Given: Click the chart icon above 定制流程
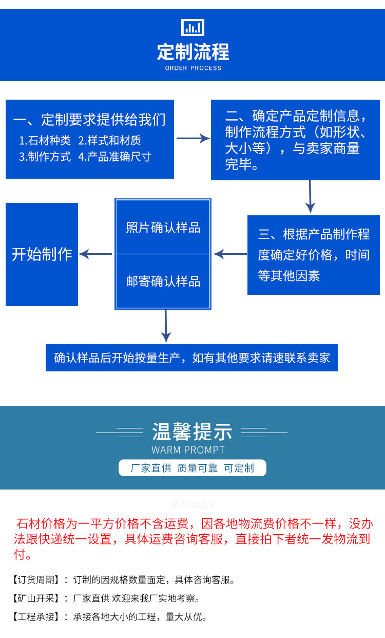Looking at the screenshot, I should click(192, 27).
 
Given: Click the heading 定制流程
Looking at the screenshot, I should click(192, 52).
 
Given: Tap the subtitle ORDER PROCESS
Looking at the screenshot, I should click(193, 68).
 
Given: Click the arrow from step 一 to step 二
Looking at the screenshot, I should click(192, 138).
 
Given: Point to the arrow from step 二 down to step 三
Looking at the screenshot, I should click(310, 196).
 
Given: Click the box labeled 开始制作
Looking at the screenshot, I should click(42, 254).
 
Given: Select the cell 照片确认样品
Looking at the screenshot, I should click(163, 227).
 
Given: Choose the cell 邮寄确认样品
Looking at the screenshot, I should click(163, 282).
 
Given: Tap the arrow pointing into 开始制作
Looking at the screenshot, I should click(96, 254).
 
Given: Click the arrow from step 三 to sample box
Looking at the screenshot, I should click(230, 254).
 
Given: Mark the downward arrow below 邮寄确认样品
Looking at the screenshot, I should click(165, 326).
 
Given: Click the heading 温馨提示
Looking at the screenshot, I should click(192, 432).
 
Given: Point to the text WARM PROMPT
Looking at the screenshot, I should click(188, 450).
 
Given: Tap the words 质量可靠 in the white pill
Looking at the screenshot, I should click(197, 468).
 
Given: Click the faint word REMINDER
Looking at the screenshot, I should click(193, 504).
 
